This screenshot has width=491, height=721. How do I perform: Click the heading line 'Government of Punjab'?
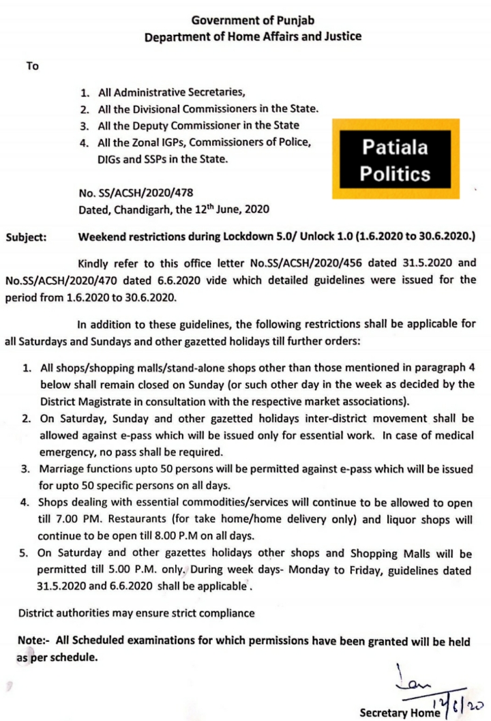coord(252,20)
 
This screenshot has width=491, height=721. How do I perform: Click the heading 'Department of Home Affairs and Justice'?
coord(252,36)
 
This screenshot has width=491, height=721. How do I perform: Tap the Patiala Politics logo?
coord(395,160)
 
